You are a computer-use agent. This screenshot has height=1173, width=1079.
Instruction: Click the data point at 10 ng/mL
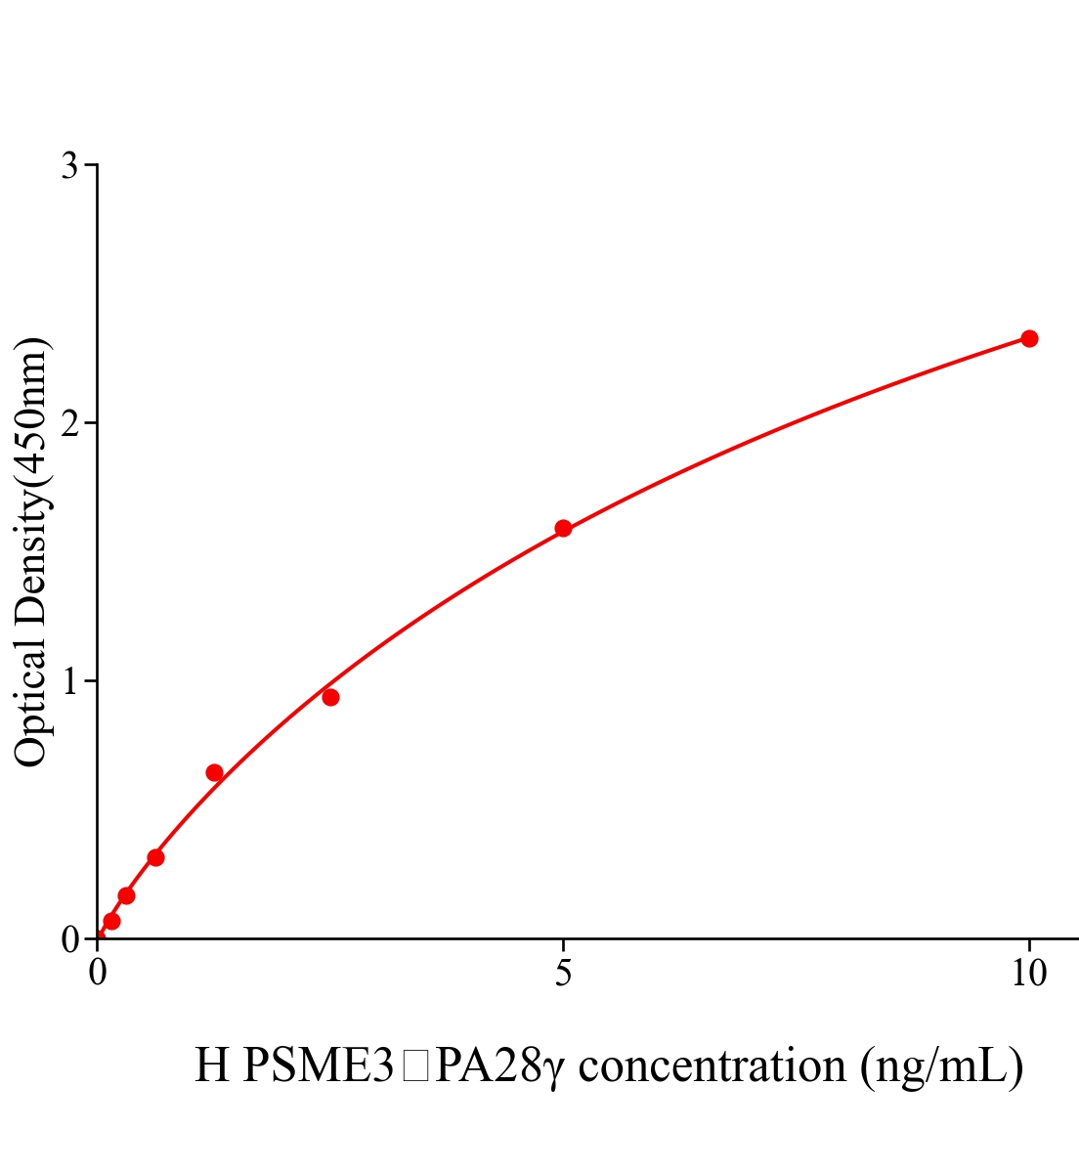pyautogui.click(x=1028, y=338)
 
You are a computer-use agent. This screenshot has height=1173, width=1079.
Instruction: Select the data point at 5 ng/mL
pyautogui.click(x=563, y=529)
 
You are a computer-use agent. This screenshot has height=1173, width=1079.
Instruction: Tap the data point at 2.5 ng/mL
pyautogui.click(x=330, y=697)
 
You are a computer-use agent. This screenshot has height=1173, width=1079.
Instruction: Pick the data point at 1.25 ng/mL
pyautogui.click(x=214, y=773)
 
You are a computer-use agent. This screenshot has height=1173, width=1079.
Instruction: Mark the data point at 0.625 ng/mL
pyautogui.click(x=155, y=858)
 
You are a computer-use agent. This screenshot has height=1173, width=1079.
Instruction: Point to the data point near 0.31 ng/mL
pyautogui.click(x=126, y=895)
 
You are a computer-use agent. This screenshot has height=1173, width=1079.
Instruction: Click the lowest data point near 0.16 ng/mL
pyautogui.click(x=111, y=921)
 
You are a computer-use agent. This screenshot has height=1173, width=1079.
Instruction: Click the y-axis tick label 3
pyautogui.click(x=69, y=166)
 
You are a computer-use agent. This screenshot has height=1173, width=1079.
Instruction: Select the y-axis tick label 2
pyautogui.click(x=69, y=423)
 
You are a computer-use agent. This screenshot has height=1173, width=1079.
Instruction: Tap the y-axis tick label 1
pyautogui.click(x=69, y=681)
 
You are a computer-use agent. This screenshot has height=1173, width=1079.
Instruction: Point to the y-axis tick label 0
pyautogui.click(x=69, y=939)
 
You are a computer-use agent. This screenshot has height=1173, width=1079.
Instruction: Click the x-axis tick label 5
pyautogui.click(x=563, y=974)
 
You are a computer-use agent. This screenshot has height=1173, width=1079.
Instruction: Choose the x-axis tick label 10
pyautogui.click(x=1028, y=974)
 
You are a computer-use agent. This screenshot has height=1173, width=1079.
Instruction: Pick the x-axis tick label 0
pyautogui.click(x=98, y=974)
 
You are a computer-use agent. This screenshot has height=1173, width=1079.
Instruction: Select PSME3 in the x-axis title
pyautogui.click(x=318, y=1065)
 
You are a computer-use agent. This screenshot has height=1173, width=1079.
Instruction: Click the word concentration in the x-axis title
pyautogui.click(x=712, y=1065)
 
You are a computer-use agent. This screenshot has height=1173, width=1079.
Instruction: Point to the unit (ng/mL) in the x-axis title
pyautogui.click(x=942, y=1065)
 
